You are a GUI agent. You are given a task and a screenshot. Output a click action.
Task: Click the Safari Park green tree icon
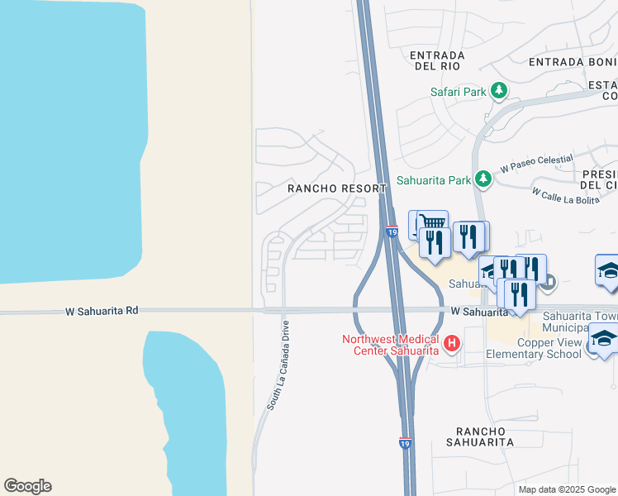[498, 91]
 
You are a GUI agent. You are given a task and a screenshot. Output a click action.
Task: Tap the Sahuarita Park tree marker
[483, 179]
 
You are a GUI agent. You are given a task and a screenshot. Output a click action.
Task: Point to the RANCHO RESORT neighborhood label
[337, 188]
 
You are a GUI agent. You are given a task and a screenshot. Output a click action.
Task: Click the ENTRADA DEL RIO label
[437, 60]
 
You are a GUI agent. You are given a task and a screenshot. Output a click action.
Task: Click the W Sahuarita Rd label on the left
[102, 311]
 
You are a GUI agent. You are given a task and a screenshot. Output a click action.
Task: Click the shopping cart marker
[432, 222]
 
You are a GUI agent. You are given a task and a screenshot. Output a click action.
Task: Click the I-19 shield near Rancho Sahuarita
[405, 444]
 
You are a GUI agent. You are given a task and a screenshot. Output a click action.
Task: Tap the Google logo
[27, 486]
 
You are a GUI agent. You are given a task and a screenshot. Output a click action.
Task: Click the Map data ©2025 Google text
[566, 489]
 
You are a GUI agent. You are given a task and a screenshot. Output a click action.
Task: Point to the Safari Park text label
[459, 92]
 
